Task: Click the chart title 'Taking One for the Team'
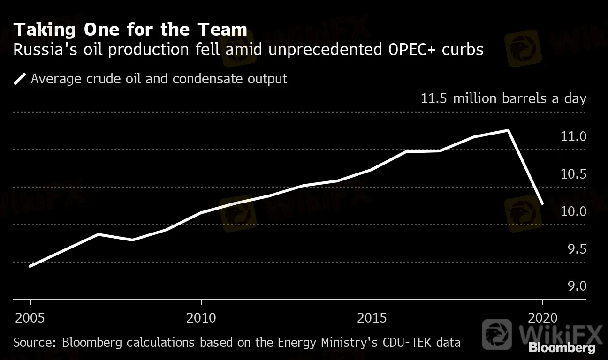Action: point(130,30)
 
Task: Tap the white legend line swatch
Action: point(20,78)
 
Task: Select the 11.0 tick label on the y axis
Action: point(573,137)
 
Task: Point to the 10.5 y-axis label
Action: point(573,174)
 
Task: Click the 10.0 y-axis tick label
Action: point(573,211)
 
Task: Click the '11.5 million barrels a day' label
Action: point(503,99)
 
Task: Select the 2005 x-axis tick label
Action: point(30,318)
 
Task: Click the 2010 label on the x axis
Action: point(201,318)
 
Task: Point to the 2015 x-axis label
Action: point(372,318)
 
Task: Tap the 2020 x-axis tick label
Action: point(542,318)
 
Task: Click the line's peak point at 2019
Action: point(509,130)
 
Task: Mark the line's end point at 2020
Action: point(542,204)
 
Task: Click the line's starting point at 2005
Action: point(30,266)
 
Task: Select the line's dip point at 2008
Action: point(133,240)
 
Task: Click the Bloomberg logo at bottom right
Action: point(562,348)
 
